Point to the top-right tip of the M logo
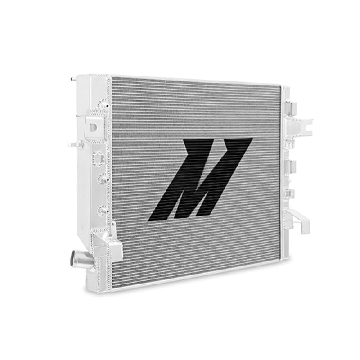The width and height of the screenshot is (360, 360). tap(250, 139)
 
